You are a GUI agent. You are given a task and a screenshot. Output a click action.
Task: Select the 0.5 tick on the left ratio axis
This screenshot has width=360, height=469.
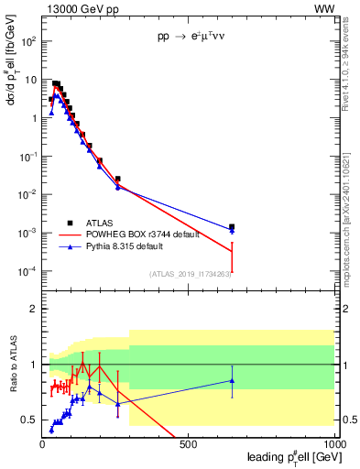click(30, 420)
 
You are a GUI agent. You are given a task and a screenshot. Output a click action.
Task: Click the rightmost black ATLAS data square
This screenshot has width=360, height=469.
click(232, 226)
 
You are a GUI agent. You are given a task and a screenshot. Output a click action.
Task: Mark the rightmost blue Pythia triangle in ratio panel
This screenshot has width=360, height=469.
click(232, 380)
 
